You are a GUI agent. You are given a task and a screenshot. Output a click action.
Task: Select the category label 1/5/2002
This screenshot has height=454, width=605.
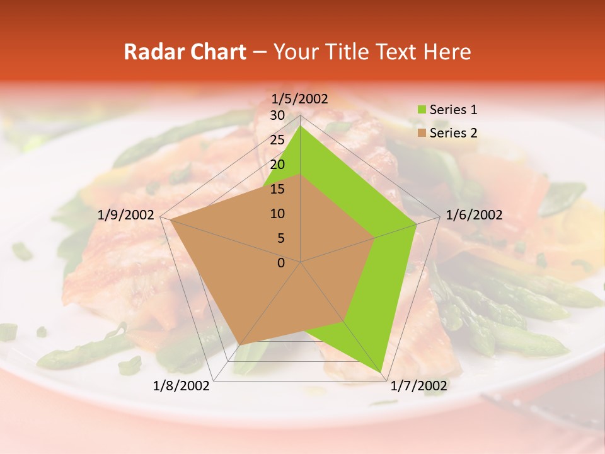[299, 99]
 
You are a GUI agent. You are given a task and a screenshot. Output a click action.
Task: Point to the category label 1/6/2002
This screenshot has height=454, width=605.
[474, 215]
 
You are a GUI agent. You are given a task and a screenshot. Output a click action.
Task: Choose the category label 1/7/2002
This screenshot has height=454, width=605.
[418, 386]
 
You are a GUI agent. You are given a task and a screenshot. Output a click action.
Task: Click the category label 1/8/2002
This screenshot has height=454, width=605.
[181, 386]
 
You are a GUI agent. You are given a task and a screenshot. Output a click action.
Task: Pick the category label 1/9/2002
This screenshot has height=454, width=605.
[125, 215]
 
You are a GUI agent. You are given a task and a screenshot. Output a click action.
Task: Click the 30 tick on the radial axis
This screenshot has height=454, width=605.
[277, 115]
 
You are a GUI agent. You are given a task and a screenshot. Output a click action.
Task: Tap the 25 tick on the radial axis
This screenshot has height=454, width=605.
[277, 140]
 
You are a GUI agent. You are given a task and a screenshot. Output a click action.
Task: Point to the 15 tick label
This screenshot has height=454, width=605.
[277, 189]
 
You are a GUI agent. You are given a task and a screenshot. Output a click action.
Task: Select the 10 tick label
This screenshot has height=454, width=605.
[277, 214]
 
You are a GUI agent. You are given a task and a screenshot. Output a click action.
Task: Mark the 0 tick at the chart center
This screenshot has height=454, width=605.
[281, 263]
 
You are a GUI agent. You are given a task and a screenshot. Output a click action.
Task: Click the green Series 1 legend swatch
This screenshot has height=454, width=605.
[421, 110]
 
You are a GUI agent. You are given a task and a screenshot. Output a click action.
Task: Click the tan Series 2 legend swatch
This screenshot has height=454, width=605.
[421, 133]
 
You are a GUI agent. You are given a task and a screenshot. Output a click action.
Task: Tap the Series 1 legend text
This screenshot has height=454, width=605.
[453, 110]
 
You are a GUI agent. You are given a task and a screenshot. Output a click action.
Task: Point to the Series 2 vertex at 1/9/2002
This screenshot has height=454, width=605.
[170, 220]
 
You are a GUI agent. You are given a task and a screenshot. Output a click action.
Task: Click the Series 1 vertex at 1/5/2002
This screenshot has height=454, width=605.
[301, 125]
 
